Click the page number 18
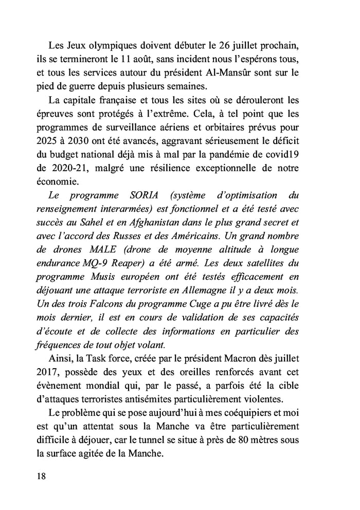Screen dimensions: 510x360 click(42, 476)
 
